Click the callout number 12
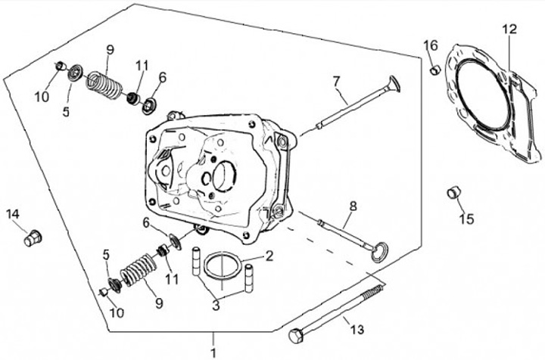[509, 29]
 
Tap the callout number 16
[430, 45]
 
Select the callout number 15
[466, 219]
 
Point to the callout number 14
[13, 214]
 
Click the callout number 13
[357, 329]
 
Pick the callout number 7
[336, 82]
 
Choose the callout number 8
[353, 206]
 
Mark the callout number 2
[269, 256]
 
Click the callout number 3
[216, 306]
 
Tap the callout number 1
[213, 352]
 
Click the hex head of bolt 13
[297, 336]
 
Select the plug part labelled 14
[33, 238]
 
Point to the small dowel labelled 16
[435, 70]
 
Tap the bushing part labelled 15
[453, 193]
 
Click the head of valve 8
[379, 253]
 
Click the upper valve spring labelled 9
[104, 85]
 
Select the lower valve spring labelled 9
[139, 270]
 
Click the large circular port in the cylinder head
[225, 176]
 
